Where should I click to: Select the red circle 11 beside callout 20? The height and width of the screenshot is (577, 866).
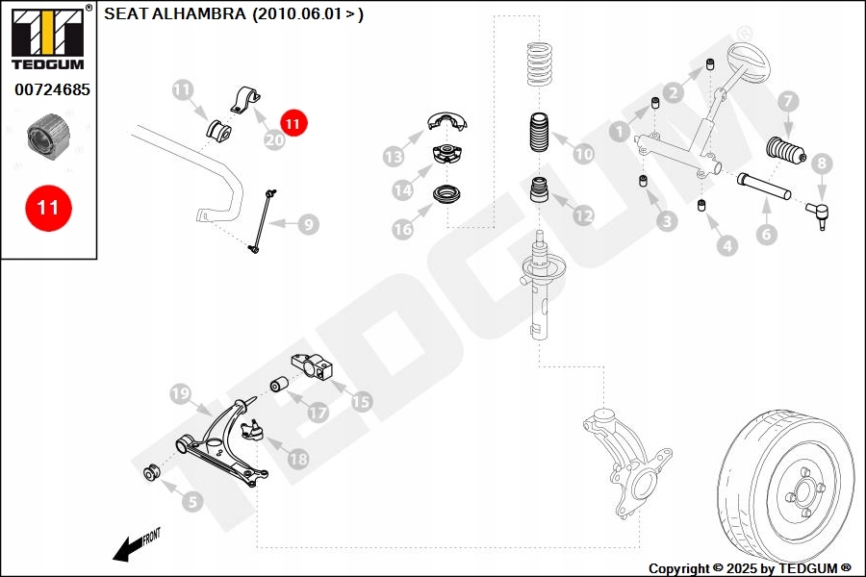tap(293, 123)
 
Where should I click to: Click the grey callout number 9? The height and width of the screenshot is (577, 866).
tap(307, 225)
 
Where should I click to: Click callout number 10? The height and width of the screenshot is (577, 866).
tap(584, 153)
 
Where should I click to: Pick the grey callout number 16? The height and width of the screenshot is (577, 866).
tap(402, 229)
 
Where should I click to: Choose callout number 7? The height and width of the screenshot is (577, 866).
tap(786, 101)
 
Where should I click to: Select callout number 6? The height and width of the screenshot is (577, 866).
tap(766, 234)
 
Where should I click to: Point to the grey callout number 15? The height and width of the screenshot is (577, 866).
tap(361, 401)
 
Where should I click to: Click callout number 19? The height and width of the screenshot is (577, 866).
tap(179, 393)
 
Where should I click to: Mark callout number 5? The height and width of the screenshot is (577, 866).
tap(192, 500)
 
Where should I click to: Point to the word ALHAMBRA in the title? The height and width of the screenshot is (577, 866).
tap(203, 14)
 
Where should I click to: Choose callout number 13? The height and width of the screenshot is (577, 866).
tap(393, 156)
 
